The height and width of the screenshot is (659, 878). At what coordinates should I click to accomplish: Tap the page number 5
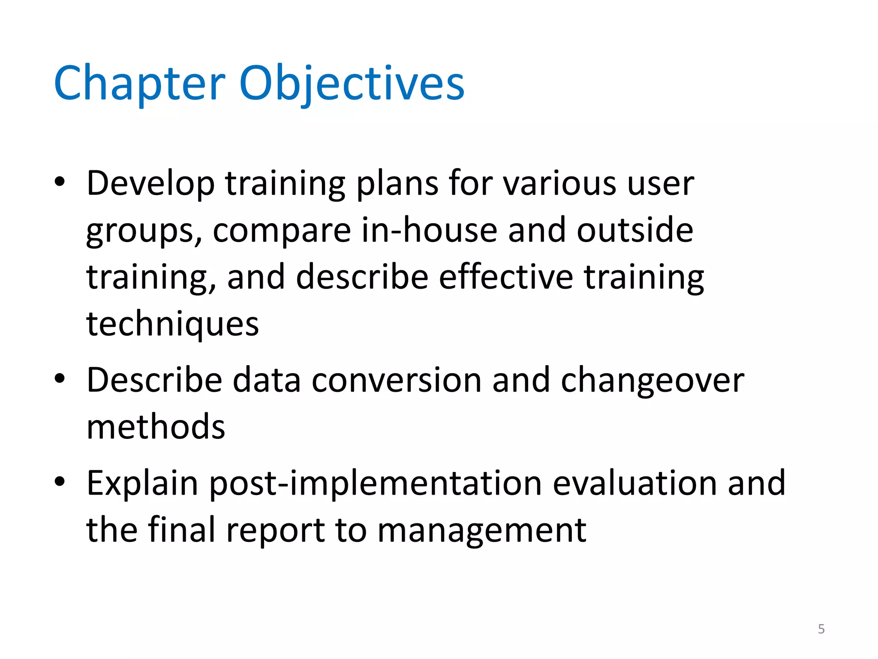click(821, 629)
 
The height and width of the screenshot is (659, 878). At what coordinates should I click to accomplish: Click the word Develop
click(150, 184)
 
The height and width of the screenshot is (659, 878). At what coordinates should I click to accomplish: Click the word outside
click(635, 230)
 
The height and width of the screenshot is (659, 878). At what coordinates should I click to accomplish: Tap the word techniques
click(172, 324)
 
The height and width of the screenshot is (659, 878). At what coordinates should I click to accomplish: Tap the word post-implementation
click(376, 484)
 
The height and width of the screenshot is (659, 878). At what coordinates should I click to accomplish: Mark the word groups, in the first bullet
click(144, 232)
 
